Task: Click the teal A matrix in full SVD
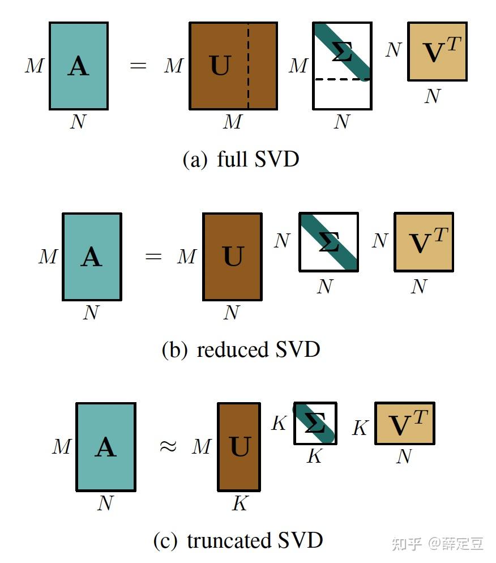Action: point(78,66)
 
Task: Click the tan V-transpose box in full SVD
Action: point(437,52)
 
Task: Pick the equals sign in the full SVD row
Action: point(138,66)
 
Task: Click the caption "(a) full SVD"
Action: point(241,159)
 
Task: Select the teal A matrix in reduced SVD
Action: point(92,257)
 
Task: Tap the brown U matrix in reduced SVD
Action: point(232,257)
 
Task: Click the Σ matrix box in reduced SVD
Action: point(328,242)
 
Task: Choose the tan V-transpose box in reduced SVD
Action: point(424,242)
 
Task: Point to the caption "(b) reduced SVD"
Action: point(241,349)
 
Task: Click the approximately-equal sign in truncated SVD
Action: point(167,446)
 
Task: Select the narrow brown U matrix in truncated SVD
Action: point(239,446)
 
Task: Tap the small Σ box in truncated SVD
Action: point(315,424)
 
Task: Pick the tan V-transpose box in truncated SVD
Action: point(404,424)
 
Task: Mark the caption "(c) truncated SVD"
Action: point(238,540)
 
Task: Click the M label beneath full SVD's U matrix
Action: point(232,121)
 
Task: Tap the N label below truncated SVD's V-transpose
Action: point(403,457)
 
